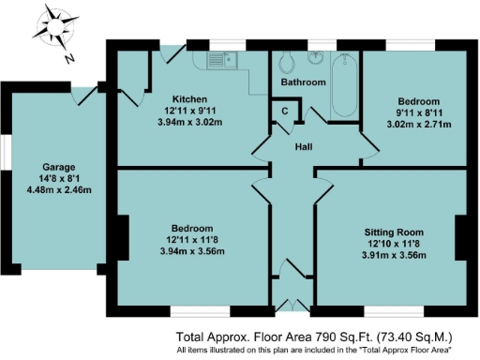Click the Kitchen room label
tap(189, 99)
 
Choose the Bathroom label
tap(303, 82)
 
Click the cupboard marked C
tap(285, 111)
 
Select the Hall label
tap(303, 147)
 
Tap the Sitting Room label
tap(394, 231)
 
